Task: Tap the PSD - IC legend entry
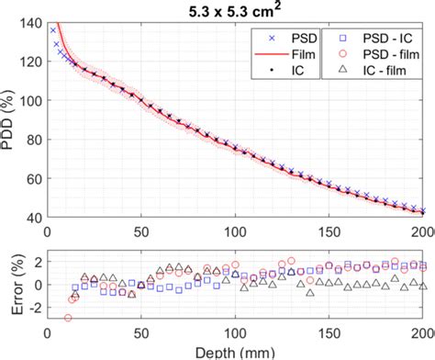click(x=371, y=39)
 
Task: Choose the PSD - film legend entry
click(x=371, y=53)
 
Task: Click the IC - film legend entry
click(x=371, y=68)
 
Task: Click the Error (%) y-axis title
click(x=10, y=285)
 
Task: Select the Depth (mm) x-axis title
click(x=235, y=353)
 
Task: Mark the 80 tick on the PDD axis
click(x=30, y=138)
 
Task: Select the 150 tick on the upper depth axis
click(x=330, y=228)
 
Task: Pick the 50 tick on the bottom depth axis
click(x=140, y=333)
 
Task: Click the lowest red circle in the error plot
click(x=68, y=318)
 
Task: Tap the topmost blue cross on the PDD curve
click(x=53, y=30)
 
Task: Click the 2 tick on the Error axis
click(x=35, y=263)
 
